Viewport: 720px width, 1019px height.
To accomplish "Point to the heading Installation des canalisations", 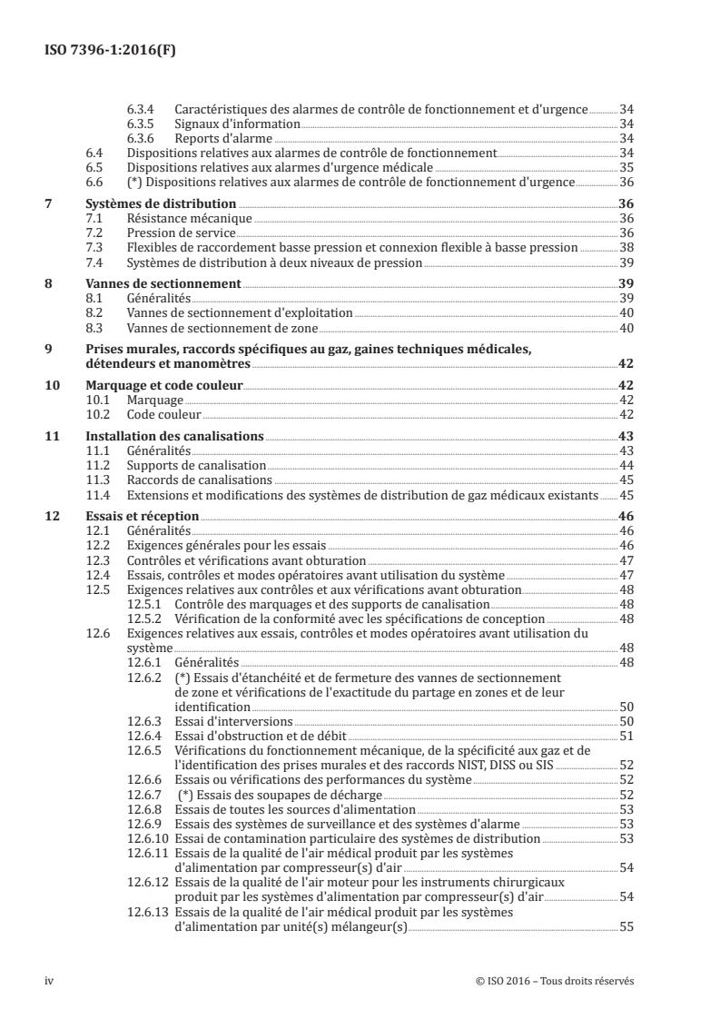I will tap(168, 437).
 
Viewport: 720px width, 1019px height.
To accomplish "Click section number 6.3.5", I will tap(140, 123).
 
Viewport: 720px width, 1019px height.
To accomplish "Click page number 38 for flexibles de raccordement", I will tap(625, 246).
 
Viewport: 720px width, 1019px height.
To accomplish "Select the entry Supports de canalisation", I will tap(197, 465).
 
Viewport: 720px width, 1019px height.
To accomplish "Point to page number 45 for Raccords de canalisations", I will tap(625, 479).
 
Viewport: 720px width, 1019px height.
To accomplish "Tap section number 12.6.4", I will tap(144, 735).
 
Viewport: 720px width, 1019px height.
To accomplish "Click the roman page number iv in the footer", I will tap(50, 981).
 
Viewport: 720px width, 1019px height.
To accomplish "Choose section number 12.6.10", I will tap(147, 838).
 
